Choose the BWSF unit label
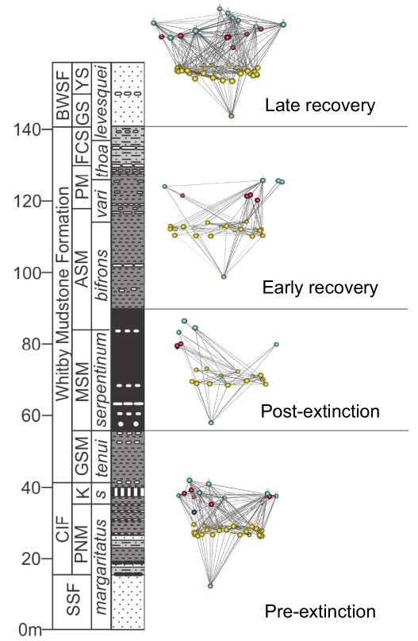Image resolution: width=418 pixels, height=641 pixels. coord(63,94)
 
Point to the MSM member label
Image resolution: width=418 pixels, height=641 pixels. coord(82,390)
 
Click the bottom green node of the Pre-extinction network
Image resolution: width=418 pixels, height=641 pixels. coord(210,586)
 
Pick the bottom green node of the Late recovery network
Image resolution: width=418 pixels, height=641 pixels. coord(232,116)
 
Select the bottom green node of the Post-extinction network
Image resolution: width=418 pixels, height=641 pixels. coord(211,423)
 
